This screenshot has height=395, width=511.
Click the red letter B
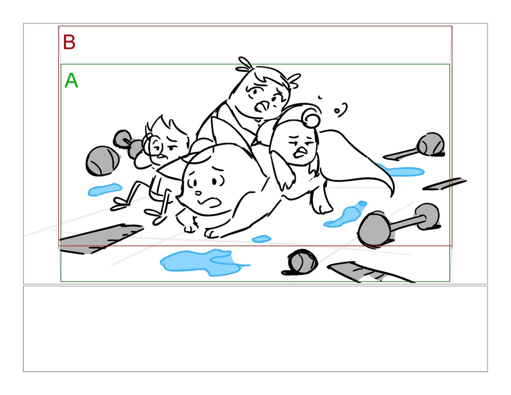point(69,42)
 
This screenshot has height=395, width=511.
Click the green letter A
point(71,80)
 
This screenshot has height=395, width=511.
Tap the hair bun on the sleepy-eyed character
point(310,119)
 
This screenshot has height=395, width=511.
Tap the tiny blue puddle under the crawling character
point(261,239)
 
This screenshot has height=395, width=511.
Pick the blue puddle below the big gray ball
point(105,189)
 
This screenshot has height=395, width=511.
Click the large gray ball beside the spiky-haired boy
point(102,161)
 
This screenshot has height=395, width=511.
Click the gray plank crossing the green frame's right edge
point(445,184)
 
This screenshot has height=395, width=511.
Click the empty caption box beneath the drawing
point(255,329)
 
